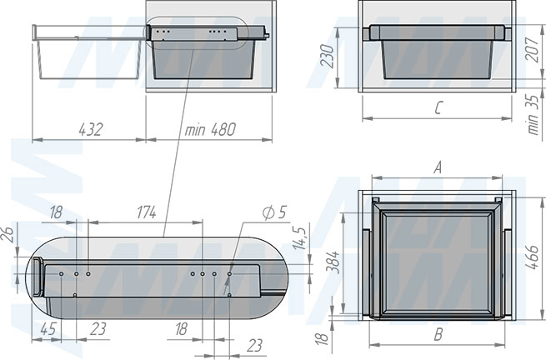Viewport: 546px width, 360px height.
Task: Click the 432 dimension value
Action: (91, 129)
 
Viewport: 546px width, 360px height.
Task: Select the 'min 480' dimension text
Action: (210, 129)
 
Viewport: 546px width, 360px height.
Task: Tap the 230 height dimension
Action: (327, 55)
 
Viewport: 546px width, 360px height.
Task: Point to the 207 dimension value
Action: (532, 50)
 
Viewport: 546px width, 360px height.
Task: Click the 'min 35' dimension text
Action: (533, 114)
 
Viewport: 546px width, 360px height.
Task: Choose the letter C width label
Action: (438, 107)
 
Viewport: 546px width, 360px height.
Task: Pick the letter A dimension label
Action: (438, 167)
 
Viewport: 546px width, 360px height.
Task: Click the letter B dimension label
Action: (438, 335)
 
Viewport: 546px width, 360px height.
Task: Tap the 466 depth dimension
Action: (532, 257)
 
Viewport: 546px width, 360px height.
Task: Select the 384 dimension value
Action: (333, 262)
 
